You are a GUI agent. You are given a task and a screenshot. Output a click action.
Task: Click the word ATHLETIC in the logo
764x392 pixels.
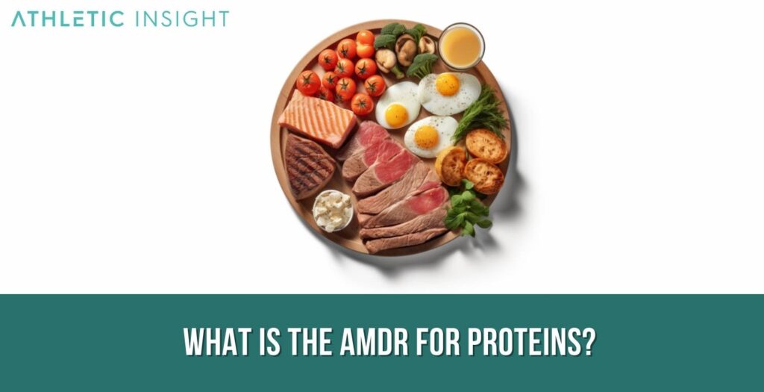68,19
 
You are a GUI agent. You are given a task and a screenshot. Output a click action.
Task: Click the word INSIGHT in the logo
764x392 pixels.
182,19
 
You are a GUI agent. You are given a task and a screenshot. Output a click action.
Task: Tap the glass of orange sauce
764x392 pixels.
461,46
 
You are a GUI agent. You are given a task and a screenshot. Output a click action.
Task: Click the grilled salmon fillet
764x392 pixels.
317,118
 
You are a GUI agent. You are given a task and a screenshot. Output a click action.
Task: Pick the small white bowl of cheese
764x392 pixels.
333,210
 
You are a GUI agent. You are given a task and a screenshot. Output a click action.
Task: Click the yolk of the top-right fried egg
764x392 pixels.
448,84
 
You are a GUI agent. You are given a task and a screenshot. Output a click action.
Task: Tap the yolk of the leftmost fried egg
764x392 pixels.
396,114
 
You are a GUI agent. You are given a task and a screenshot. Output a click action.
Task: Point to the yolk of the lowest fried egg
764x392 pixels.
426,137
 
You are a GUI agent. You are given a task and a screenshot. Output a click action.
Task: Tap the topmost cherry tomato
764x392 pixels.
366,38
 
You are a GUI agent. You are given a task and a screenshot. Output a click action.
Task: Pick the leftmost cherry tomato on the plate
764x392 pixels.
307,82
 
